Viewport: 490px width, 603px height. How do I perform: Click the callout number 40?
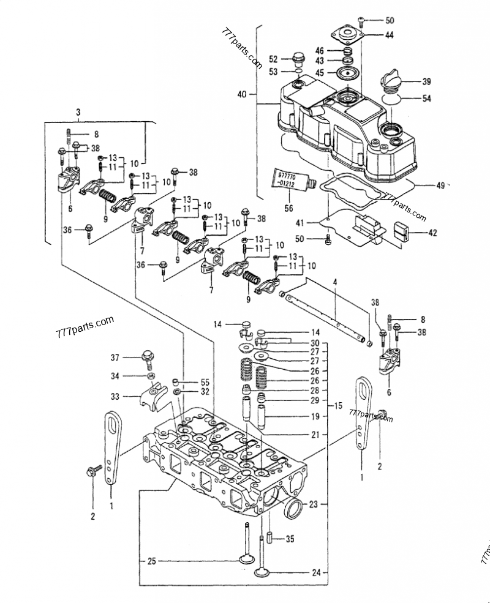point(241,94)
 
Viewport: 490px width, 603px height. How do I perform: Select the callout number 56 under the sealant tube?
point(288,207)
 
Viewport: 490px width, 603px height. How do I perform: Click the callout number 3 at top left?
point(78,111)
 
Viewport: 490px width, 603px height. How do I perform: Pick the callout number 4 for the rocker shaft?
point(335,282)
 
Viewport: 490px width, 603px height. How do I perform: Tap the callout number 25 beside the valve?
point(151,560)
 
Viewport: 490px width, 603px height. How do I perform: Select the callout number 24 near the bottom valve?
point(316,574)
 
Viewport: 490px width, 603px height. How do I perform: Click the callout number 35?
point(290,539)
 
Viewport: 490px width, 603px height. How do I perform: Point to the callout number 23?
point(314,504)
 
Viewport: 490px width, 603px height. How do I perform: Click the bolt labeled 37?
point(147,357)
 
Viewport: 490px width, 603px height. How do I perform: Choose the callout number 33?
point(115,397)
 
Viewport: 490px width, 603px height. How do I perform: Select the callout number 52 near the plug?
point(273,59)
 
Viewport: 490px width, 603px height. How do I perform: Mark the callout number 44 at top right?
point(389,36)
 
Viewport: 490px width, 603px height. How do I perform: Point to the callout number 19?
point(314,417)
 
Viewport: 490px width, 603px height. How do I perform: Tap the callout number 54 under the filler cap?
point(426,99)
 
